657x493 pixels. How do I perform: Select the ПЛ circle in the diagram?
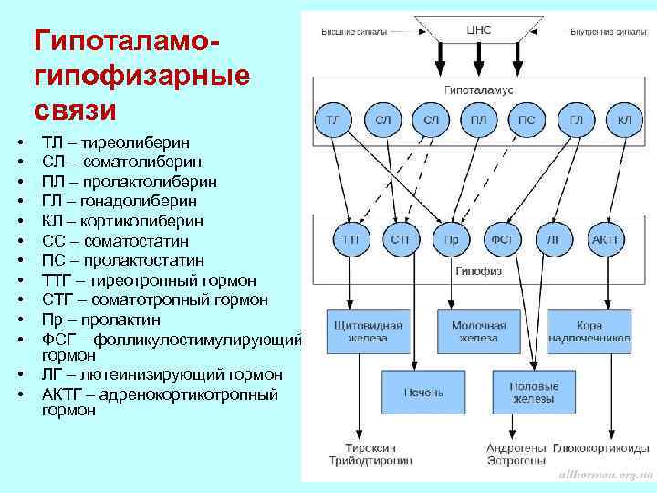point(478,121)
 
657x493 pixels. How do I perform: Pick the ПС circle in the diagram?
point(527,121)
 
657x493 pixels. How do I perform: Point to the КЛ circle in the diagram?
point(624,121)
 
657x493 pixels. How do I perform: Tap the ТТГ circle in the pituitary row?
point(350,239)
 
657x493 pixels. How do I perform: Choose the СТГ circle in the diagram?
point(401,239)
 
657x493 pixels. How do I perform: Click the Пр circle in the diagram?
point(451,239)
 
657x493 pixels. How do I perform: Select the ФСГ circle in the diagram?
point(503,239)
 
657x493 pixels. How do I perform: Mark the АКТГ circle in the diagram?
point(605,239)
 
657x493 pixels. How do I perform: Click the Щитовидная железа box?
point(360,332)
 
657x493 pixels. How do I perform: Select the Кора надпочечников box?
point(589,332)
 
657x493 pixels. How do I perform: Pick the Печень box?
point(423,393)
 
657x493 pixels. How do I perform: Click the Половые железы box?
point(534,393)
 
